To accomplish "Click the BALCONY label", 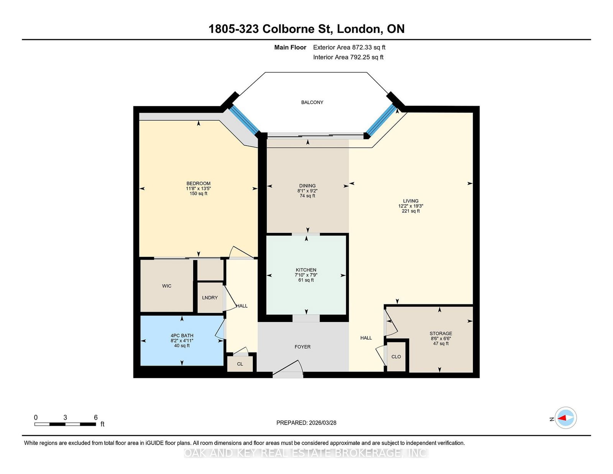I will point(312,102).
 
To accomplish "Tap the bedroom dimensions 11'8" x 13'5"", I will point(198,189).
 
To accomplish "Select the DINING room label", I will point(307,185).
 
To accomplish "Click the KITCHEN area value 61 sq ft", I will point(306,280).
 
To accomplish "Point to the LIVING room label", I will point(410,201).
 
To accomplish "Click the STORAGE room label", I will point(441,333).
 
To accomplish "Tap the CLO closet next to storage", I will point(396,357).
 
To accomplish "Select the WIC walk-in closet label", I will point(167,286).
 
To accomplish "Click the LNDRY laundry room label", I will point(210,298).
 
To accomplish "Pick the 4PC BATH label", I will point(182,335).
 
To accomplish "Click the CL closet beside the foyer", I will point(240,364).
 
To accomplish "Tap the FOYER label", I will point(302,347).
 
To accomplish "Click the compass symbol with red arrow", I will point(565,418).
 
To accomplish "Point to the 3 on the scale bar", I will point(65,418).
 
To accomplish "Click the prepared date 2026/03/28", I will point(322,423).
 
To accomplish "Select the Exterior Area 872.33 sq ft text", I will point(349,48).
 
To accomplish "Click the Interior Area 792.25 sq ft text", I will point(348,57).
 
